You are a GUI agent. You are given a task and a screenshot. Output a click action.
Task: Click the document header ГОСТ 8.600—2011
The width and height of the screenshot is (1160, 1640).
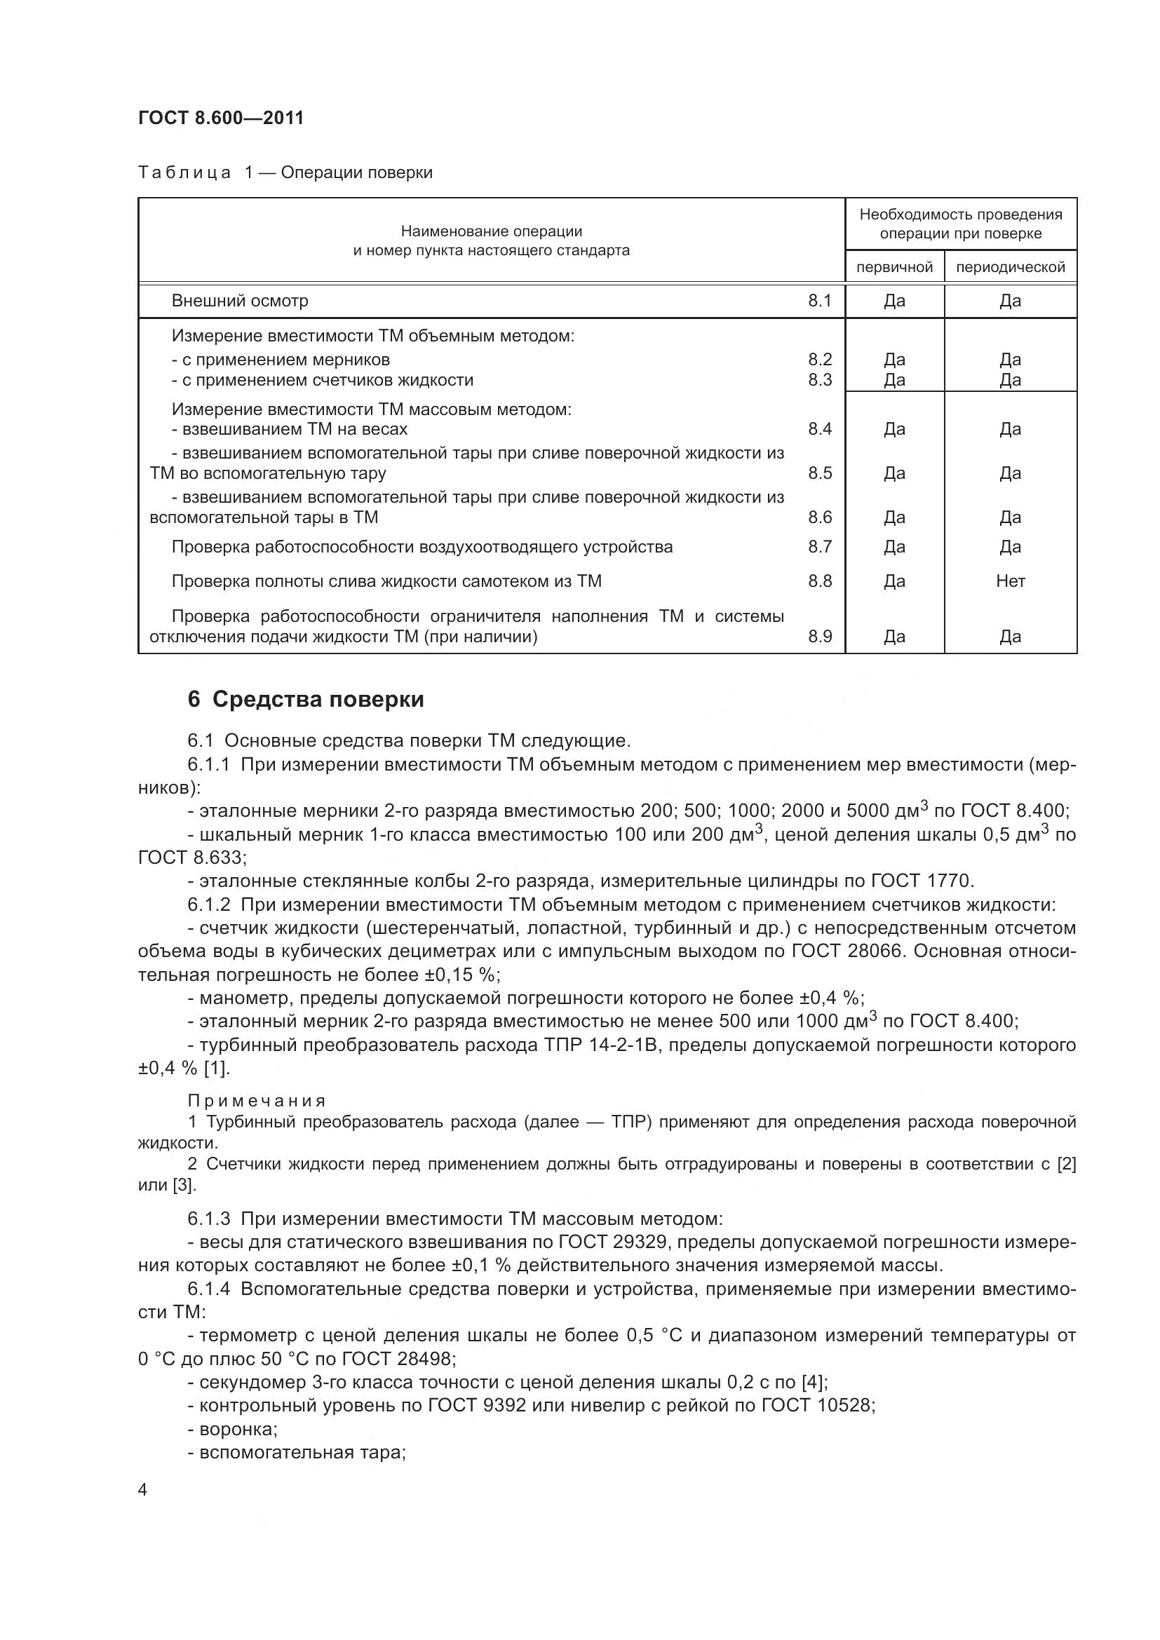tap(221, 118)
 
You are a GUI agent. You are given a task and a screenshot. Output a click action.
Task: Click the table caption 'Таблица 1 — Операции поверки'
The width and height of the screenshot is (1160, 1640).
tap(285, 173)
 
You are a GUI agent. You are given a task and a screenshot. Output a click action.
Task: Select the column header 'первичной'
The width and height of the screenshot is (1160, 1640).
tap(894, 267)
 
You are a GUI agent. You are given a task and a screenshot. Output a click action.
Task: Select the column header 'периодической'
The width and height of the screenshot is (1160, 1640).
tap(1010, 267)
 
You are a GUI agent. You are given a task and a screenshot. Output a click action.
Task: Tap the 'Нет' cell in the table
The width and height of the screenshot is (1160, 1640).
tap(1010, 581)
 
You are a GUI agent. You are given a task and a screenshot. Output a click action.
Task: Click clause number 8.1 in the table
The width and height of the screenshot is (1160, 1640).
tap(820, 301)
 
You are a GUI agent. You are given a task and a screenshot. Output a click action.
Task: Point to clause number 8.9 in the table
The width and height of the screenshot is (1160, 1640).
tap(820, 637)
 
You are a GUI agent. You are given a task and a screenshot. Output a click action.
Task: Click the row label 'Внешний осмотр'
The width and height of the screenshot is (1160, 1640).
tap(240, 301)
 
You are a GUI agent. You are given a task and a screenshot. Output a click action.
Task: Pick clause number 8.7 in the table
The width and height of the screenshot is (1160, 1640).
tap(820, 547)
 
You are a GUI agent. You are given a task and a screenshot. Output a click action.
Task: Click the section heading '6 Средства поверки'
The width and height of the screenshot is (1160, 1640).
tap(306, 699)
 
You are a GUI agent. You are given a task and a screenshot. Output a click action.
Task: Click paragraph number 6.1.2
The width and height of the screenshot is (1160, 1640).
tap(208, 905)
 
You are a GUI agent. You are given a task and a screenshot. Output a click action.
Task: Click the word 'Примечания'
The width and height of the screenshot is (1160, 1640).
tap(257, 1102)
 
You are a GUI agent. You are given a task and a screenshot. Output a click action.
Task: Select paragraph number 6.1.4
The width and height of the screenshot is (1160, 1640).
tap(208, 1290)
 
